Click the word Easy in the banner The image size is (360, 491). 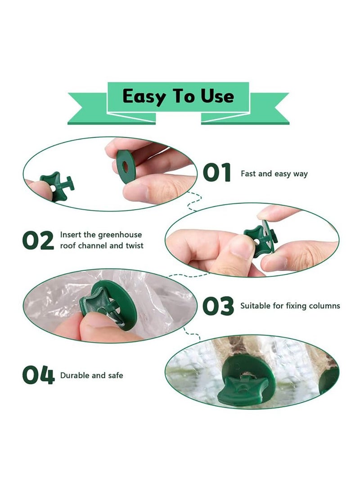(143, 96)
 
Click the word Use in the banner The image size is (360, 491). (217, 96)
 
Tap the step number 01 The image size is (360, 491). (217, 173)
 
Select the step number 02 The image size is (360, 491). (38, 241)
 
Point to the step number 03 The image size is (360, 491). (218, 306)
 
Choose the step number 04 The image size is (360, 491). (38, 375)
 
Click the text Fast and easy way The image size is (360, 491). (274, 174)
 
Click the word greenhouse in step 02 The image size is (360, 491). (120, 235)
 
